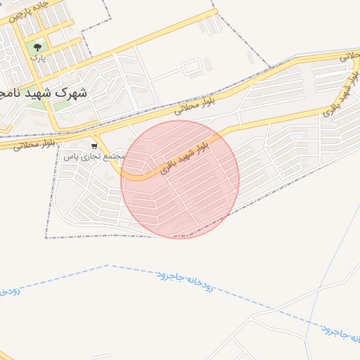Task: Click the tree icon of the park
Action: (37, 47)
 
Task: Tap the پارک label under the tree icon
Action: (37, 59)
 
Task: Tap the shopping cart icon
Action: (94, 146)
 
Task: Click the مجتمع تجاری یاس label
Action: (94, 156)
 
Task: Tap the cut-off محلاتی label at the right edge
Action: (349, 56)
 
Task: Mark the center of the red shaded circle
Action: (180, 179)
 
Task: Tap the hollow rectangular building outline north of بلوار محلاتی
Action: (193, 68)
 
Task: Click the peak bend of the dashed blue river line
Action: (107, 266)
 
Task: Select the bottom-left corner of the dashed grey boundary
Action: (46, 238)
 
